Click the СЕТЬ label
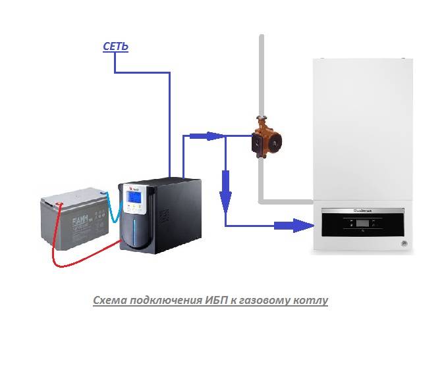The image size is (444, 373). pyautogui.click(x=116, y=46)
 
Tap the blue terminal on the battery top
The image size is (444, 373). pyautogui.click(x=103, y=193)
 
